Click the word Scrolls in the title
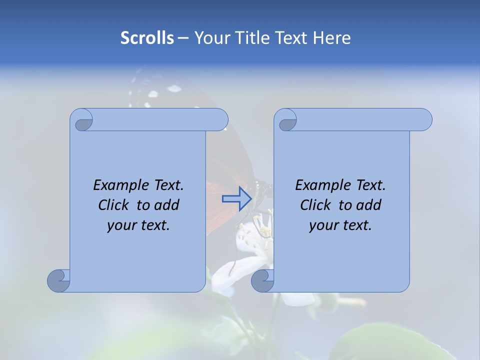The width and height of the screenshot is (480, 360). pos(147,38)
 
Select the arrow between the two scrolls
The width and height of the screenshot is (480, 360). pos(236,199)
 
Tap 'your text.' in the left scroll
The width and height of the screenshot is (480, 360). pos(138,225)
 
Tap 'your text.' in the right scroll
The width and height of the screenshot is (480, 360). pos(340,225)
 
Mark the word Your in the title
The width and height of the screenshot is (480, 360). pos(209,38)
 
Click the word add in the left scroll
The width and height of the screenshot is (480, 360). pos(167,205)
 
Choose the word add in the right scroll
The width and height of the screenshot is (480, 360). pos(369,205)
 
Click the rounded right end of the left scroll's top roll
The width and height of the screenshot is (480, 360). pos(220,119)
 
